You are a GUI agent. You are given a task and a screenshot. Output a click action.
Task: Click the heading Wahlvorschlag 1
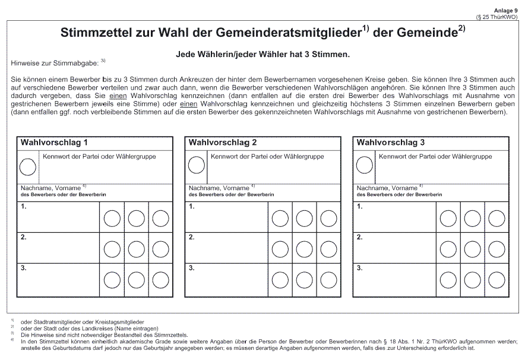point(55,143)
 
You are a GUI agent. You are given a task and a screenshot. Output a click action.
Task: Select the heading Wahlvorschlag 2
point(222,143)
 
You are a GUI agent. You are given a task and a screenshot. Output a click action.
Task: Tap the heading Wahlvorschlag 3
point(390,143)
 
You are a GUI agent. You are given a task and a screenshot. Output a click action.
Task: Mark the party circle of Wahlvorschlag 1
point(28,167)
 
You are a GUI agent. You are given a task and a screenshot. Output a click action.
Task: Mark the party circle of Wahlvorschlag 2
point(196,167)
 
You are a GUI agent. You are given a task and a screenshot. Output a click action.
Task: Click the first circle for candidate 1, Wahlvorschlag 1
point(112,218)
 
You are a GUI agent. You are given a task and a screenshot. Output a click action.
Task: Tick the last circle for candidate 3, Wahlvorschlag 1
point(160,279)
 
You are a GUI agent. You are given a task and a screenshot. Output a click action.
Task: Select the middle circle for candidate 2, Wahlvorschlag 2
point(304,248)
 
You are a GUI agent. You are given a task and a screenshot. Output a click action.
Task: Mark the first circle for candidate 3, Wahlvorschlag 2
point(280,279)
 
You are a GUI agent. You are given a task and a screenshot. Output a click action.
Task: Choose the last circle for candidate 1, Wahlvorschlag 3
point(496,218)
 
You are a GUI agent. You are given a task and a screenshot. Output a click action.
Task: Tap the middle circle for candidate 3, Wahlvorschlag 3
point(472,279)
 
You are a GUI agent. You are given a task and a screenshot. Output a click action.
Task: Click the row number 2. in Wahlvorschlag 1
point(24,237)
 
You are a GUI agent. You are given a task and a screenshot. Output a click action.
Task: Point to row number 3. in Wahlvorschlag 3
point(360,267)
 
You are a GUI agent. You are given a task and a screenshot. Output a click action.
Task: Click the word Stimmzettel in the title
point(95,33)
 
